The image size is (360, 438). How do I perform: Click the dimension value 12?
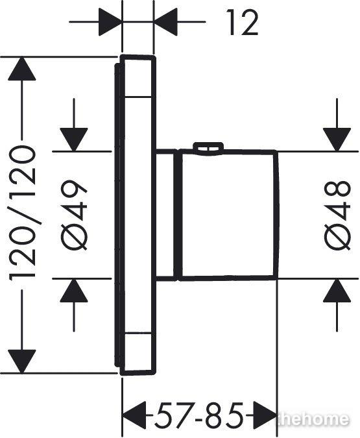point(242,22)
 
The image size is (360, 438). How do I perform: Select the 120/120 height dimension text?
point(23,214)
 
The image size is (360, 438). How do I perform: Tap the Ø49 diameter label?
point(74,215)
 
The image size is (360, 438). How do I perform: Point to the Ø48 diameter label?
point(337,215)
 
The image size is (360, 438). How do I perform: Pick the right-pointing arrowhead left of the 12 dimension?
point(111,22)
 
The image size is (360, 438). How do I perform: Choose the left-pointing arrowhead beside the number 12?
point(165,22)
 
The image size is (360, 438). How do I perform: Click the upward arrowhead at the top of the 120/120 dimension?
point(22,69)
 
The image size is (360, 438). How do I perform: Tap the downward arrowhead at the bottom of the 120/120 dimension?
point(22,361)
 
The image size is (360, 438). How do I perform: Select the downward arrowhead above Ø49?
point(74,140)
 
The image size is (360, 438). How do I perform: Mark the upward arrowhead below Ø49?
point(74,291)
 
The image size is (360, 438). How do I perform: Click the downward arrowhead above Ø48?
point(337,140)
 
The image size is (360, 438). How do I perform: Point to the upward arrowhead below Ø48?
point(337,291)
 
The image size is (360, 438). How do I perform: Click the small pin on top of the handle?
point(208,147)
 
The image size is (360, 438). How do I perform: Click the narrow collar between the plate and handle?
point(167,215)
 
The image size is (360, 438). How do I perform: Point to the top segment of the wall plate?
point(138,77)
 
